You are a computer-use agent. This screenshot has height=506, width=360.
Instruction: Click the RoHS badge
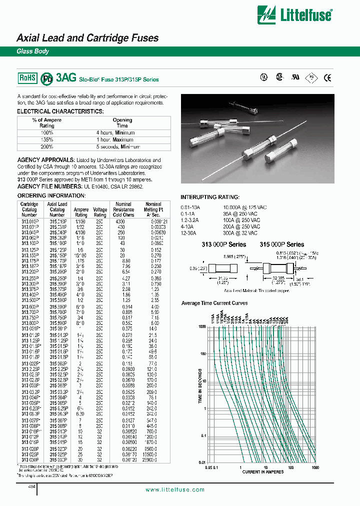point(28,77)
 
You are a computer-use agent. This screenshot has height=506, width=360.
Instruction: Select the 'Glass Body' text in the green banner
point(33,51)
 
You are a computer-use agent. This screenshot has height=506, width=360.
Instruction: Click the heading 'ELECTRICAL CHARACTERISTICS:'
point(60,111)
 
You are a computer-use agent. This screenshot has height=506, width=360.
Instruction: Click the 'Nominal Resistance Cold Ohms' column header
point(123,210)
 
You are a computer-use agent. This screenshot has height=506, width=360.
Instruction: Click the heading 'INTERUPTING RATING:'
point(209,197)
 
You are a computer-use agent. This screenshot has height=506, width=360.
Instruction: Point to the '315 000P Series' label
point(281,244)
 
